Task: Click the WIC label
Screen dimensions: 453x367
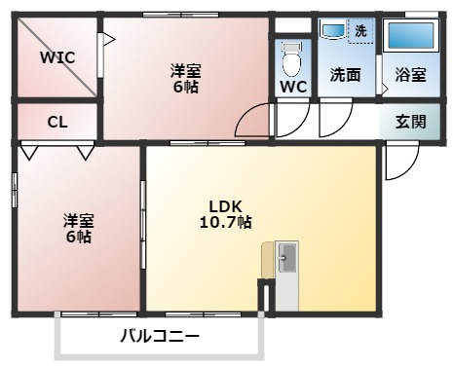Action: (x=57, y=56)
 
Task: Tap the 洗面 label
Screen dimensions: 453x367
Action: (x=345, y=75)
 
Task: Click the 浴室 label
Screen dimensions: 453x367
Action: (x=409, y=75)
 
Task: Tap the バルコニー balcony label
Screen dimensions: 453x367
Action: (x=160, y=337)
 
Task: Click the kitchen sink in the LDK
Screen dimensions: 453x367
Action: (x=287, y=258)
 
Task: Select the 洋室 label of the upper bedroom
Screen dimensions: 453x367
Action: (x=187, y=70)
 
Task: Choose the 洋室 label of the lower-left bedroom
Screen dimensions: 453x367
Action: (x=78, y=220)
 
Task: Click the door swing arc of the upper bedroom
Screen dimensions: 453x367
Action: (x=253, y=122)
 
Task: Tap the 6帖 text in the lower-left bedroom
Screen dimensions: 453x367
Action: (x=78, y=237)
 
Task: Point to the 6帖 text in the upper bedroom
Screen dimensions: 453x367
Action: (x=187, y=86)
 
